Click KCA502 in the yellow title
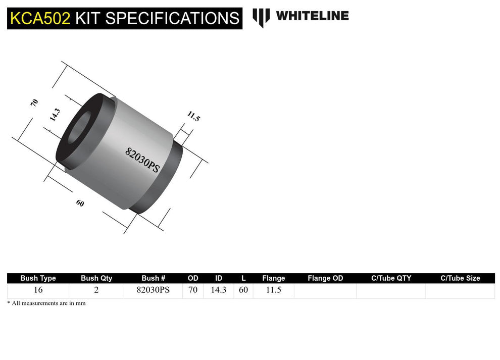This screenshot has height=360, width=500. pyautogui.click(x=40, y=19)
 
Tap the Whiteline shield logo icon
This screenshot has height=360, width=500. pyautogui.click(x=261, y=17)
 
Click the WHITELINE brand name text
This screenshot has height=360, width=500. pyautogui.click(x=312, y=16)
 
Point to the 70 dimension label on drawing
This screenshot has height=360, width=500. pyautogui.click(x=34, y=102)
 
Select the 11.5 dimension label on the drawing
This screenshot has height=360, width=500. pyautogui.click(x=193, y=117)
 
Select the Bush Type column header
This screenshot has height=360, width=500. pyautogui.click(x=38, y=278)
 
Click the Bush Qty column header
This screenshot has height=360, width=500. pyautogui.click(x=96, y=278)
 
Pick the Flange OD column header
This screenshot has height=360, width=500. pyautogui.click(x=325, y=278)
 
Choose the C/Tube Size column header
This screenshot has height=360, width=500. pyautogui.click(x=460, y=278)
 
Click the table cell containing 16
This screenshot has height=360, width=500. pyautogui.click(x=38, y=291)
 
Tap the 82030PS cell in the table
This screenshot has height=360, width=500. pyautogui.click(x=154, y=291)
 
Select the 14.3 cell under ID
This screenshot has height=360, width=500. pyautogui.click(x=218, y=291)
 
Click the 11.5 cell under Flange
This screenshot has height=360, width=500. pyautogui.click(x=273, y=291)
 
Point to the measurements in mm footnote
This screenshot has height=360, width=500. pyautogui.click(x=46, y=303)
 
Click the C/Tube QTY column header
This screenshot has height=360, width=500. pyautogui.click(x=391, y=278)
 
